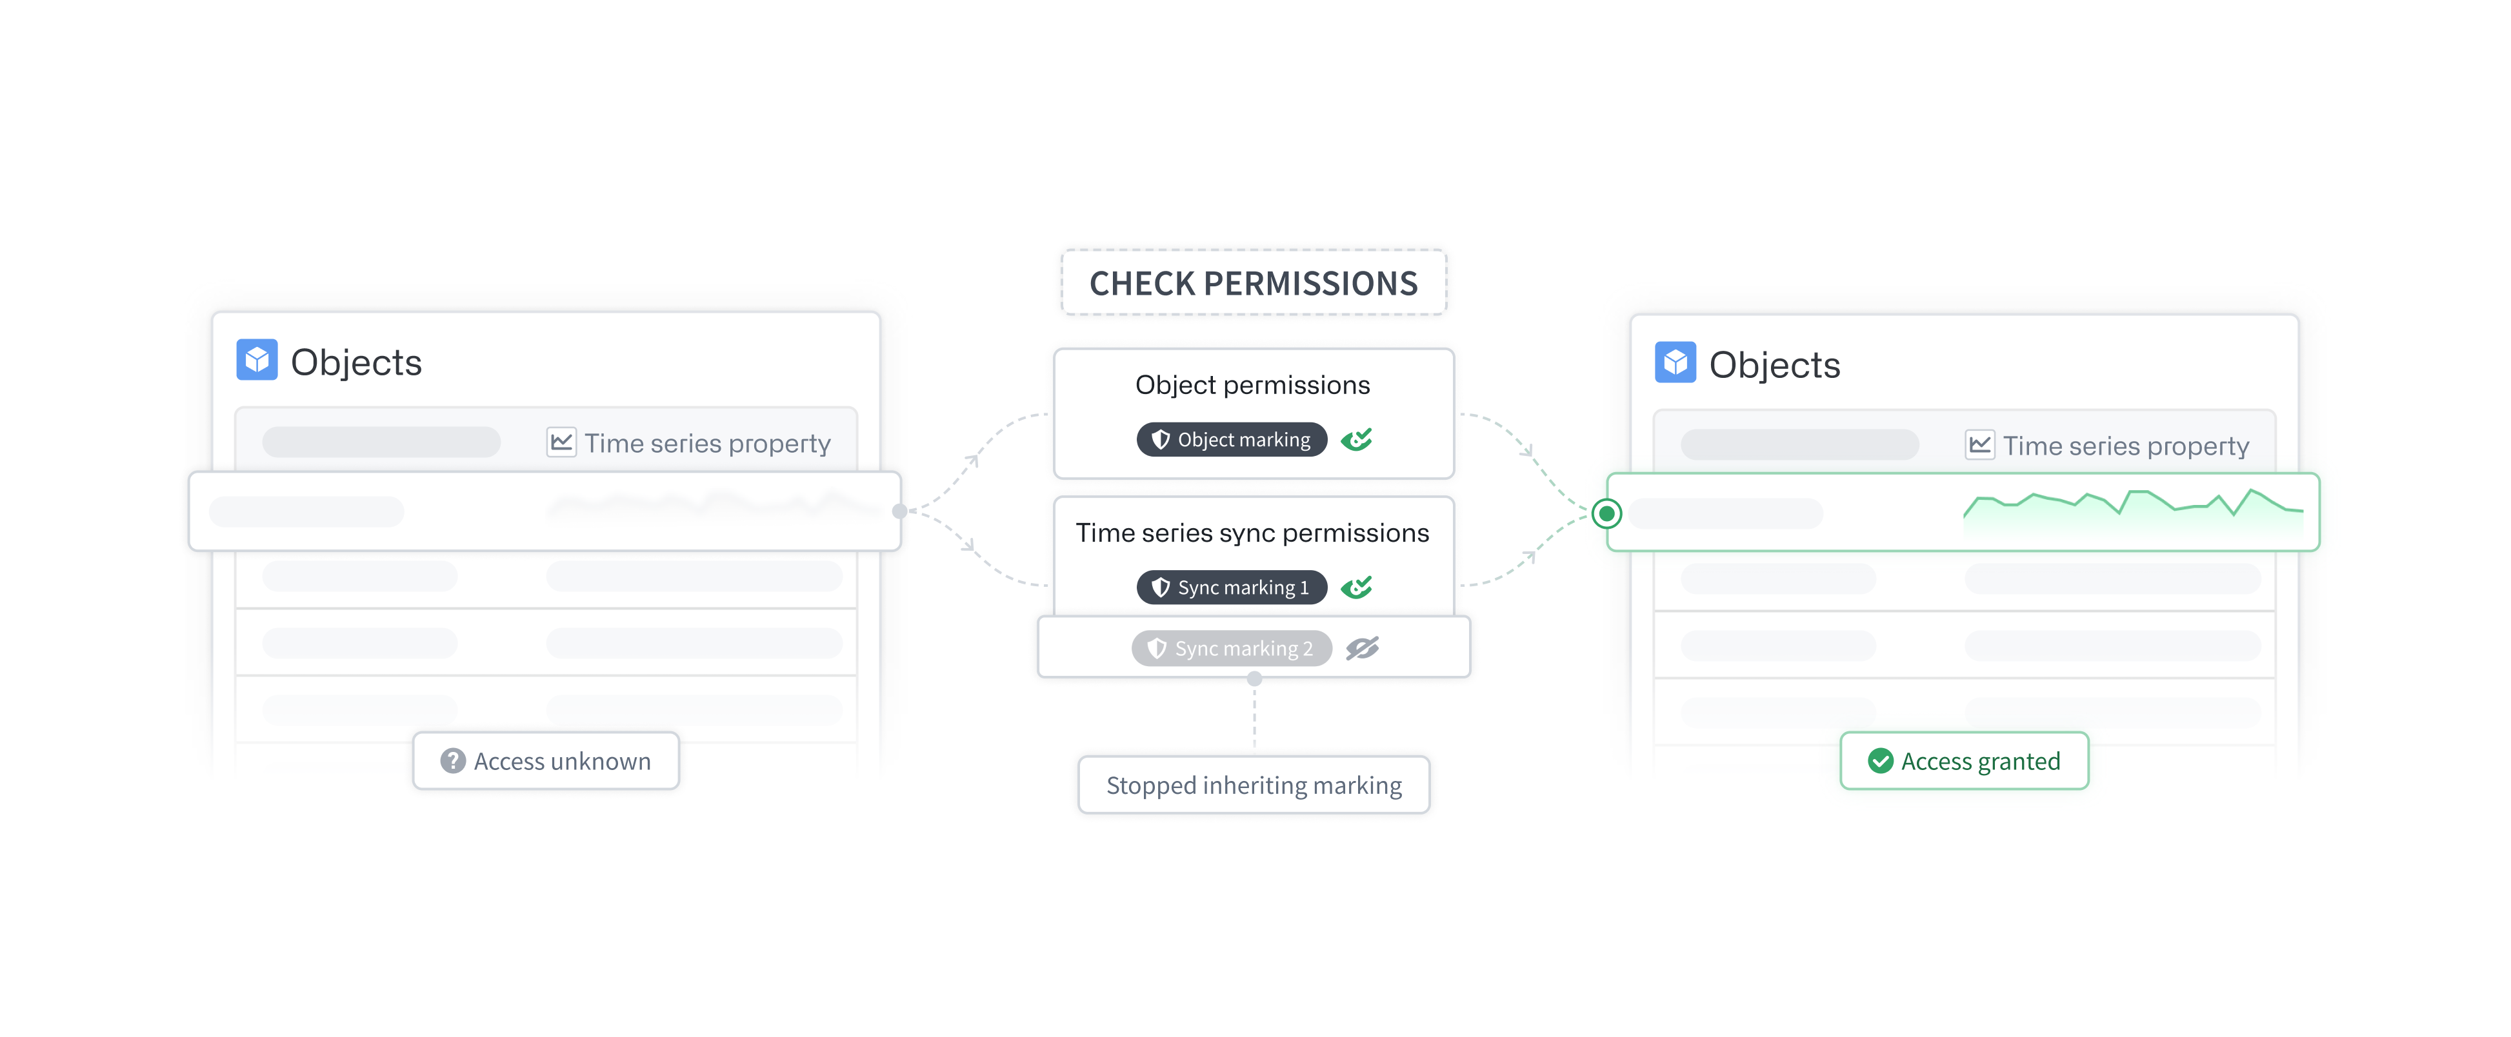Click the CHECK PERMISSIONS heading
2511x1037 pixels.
[x=1254, y=284]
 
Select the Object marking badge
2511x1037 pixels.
[x=1231, y=440]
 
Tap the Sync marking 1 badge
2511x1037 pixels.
[x=1231, y=588]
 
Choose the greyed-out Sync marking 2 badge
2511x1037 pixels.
[x=1231, y=648]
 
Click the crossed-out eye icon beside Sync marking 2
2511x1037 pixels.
[x=1363, y=648]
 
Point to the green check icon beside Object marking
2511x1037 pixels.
[x=1357, y=440]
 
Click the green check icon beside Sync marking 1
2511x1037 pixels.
[x=1357, y=588]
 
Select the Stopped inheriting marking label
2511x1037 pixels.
[x=1254, y=785]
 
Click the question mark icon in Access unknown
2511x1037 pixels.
[x=452, y=761]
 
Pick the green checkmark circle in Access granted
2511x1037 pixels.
[x=1880, y=761]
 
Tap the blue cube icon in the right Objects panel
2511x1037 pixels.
[x=1676, y=362]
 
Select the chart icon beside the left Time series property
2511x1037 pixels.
[x=561, y=442]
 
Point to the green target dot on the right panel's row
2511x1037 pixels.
[x=1606, y=513]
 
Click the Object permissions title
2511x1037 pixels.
[x=1252, y=386]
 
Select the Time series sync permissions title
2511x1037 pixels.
[x=1252, y=533]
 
